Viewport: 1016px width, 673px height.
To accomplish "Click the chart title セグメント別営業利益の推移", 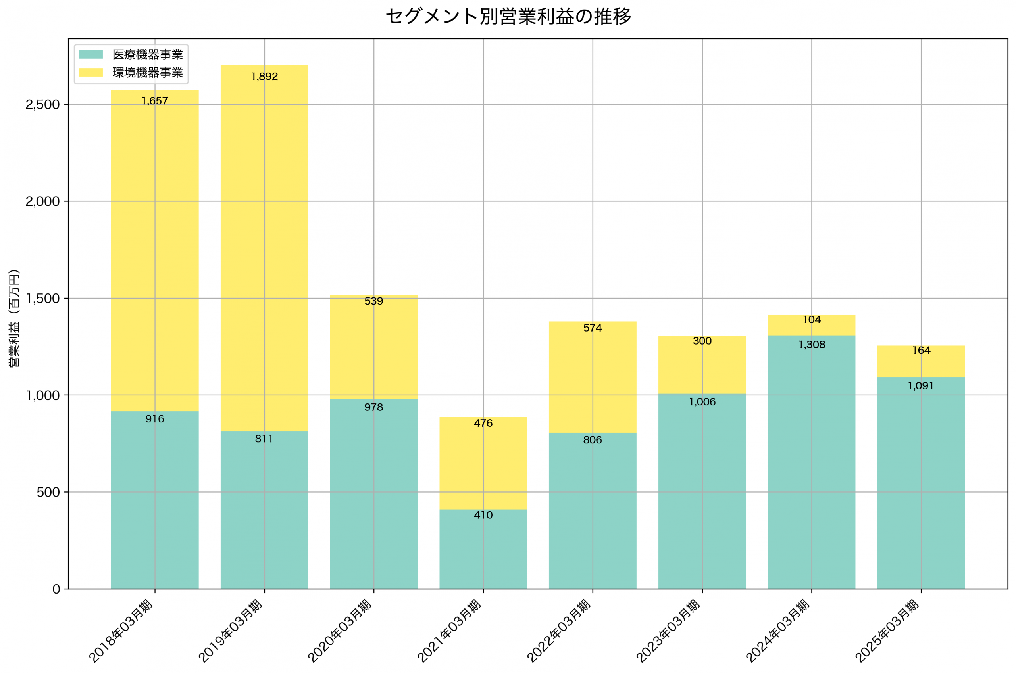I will coord(508,17).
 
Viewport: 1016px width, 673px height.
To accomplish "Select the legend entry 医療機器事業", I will coord(147,54).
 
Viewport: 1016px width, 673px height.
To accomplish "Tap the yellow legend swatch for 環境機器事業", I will coord(90,73).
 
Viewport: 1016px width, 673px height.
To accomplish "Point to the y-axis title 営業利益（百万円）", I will coord(14,318).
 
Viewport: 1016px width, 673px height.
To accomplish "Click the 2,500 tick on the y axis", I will coord(42,104).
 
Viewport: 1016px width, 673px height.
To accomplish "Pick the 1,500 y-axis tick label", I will coord(42,298).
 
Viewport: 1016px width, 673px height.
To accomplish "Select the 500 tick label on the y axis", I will coord(48,492).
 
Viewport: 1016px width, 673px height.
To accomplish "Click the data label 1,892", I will coord(265,77).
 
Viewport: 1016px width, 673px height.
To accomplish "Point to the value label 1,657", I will coord(155,101).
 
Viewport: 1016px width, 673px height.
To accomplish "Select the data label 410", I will coord(483,515).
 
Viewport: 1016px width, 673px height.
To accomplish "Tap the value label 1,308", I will coord(812,345).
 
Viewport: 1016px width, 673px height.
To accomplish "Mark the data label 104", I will coord(812,320).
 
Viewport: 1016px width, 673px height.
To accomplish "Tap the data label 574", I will coord(593,328).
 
